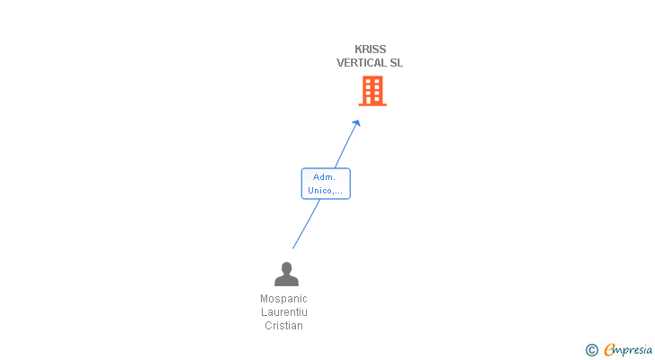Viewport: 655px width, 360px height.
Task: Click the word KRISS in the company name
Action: click(x=370, y=49)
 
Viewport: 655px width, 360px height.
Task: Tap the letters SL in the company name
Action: click(x=397, y=63)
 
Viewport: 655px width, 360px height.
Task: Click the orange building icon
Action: click(x=372, y=91)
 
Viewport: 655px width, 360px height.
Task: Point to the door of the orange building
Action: click(x=372, y=100)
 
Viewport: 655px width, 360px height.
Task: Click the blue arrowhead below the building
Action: click(x=356, y=123)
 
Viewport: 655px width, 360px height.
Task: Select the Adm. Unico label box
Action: click(x=325, y=184)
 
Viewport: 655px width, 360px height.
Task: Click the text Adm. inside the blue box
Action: click(x=325, y=177)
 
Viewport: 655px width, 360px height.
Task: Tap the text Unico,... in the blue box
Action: click(x=325, y=190)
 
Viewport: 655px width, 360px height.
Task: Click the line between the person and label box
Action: click(x=306, y=224)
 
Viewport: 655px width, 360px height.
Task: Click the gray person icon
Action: click(x=286, y=274)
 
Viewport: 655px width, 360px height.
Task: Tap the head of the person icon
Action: click(x=286, y=267)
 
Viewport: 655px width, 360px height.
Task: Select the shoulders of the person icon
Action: click(x=286, y=281)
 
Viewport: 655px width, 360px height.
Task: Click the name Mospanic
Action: click(x=283, y=299)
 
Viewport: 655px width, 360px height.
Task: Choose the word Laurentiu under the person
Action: click(x=283, y=312)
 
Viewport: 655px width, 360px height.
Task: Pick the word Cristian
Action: click(x=283, y=326)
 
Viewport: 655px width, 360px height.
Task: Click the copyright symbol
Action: click(x=591, y=350)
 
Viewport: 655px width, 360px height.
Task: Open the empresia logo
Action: click(x=628, y=349)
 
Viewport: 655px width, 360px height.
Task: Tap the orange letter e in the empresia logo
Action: click(x=609, y=349)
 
